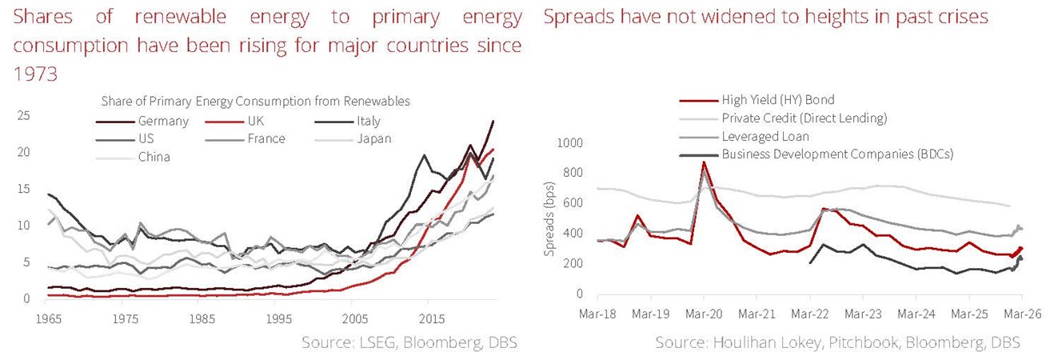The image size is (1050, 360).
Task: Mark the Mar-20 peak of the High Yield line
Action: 704,162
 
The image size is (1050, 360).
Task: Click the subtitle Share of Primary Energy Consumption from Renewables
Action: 255,102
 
